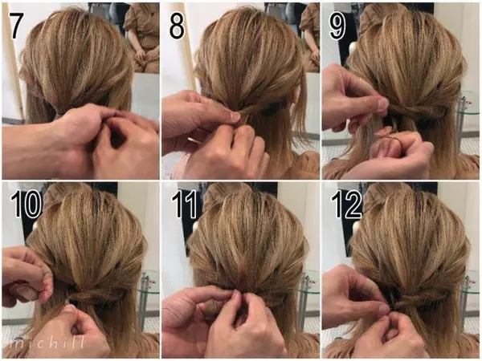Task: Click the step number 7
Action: tap(17, 26)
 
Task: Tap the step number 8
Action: tap(177, 26)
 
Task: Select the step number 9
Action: tap(337, 26)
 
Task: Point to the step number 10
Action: tap(26, 204)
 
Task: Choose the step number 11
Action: tap(184, 204)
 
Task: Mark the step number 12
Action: tap(345, 204)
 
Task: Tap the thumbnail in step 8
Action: tap(235, 116)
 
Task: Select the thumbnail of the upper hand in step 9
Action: tap(382, 104)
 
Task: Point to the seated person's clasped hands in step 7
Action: tap(142, 55)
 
